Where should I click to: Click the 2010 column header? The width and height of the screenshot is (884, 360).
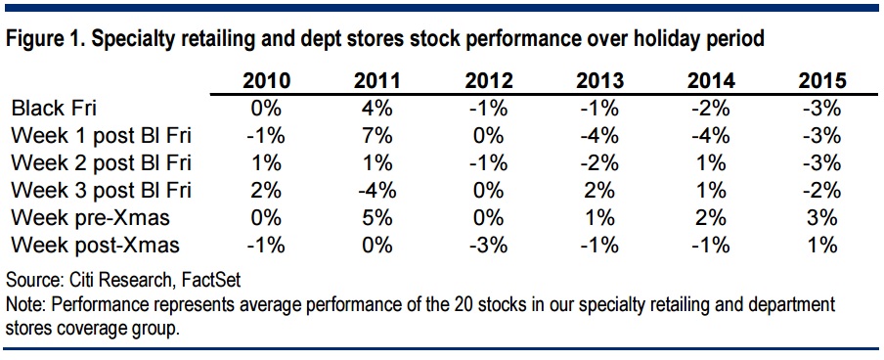coord(266,81)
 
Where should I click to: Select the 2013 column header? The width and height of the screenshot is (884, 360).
coord(600,81)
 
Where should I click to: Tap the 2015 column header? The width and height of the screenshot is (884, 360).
coord(822,81)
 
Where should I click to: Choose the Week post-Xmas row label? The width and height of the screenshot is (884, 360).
coord(95,247)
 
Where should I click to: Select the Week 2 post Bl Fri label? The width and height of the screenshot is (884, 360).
coord(102,164)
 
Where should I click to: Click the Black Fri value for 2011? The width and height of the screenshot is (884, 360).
coord(377,109)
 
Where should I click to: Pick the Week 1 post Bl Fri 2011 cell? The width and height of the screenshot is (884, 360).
coord(377,137)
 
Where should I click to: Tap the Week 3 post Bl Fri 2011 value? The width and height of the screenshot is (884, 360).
coord(377,192)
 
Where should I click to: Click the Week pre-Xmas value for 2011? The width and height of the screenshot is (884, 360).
coord(377,219)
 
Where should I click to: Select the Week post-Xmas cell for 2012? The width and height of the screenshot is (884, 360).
coord(489,247)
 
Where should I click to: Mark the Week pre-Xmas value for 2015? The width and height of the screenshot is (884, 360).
coord(822,219)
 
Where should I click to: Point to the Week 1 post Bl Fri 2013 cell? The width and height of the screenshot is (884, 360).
coord(600,137)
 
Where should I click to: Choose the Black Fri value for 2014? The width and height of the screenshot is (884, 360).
coord(712,109)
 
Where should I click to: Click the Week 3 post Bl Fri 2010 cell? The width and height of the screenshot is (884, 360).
coord(266,192)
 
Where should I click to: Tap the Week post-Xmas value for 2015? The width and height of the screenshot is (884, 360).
coord(822,247)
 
